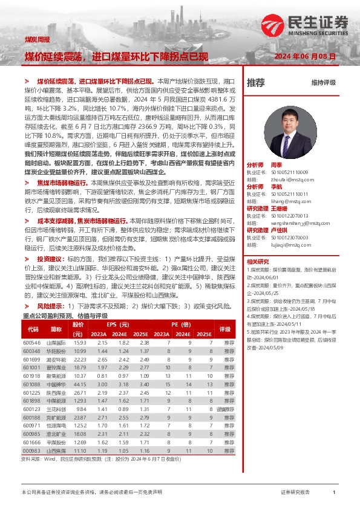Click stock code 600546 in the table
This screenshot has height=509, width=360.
31,342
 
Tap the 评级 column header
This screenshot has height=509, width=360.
225,329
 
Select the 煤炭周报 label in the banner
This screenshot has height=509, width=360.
37,39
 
